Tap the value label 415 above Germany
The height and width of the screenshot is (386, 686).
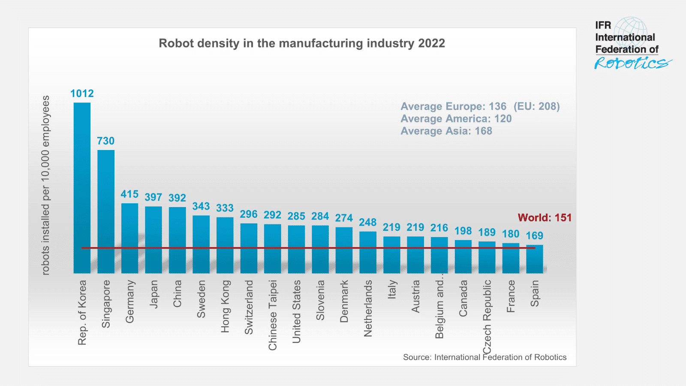(x=129, y=194)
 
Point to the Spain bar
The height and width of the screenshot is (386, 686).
(x=534, y=259)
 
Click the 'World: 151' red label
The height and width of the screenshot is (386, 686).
(x=545, y=217)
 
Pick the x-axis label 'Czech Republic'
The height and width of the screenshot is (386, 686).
(x=487, y=317)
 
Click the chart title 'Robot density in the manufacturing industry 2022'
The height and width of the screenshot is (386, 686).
(x=302, y=43)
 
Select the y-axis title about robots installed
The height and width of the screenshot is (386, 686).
(x=45, y=185)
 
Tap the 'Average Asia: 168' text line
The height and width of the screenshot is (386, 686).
(x=446, y=131)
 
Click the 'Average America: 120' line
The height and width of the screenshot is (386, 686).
(x=456, y=119)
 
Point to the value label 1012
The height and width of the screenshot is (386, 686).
(x=82, y=93)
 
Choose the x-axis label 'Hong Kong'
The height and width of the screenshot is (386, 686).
(x=225, y=306)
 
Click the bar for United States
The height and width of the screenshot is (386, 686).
(x=296, y=249)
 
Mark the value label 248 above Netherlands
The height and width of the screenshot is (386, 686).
(x=368, y=223)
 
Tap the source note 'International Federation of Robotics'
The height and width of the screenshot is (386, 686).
(x=484, y=357)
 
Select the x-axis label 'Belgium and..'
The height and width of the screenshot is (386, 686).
(x=439, y=309)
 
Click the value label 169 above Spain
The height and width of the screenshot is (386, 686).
(x=534, y=235)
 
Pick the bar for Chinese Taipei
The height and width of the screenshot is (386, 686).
(x=272, y=248)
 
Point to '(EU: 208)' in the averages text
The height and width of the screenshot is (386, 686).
(x=537, y=106)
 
